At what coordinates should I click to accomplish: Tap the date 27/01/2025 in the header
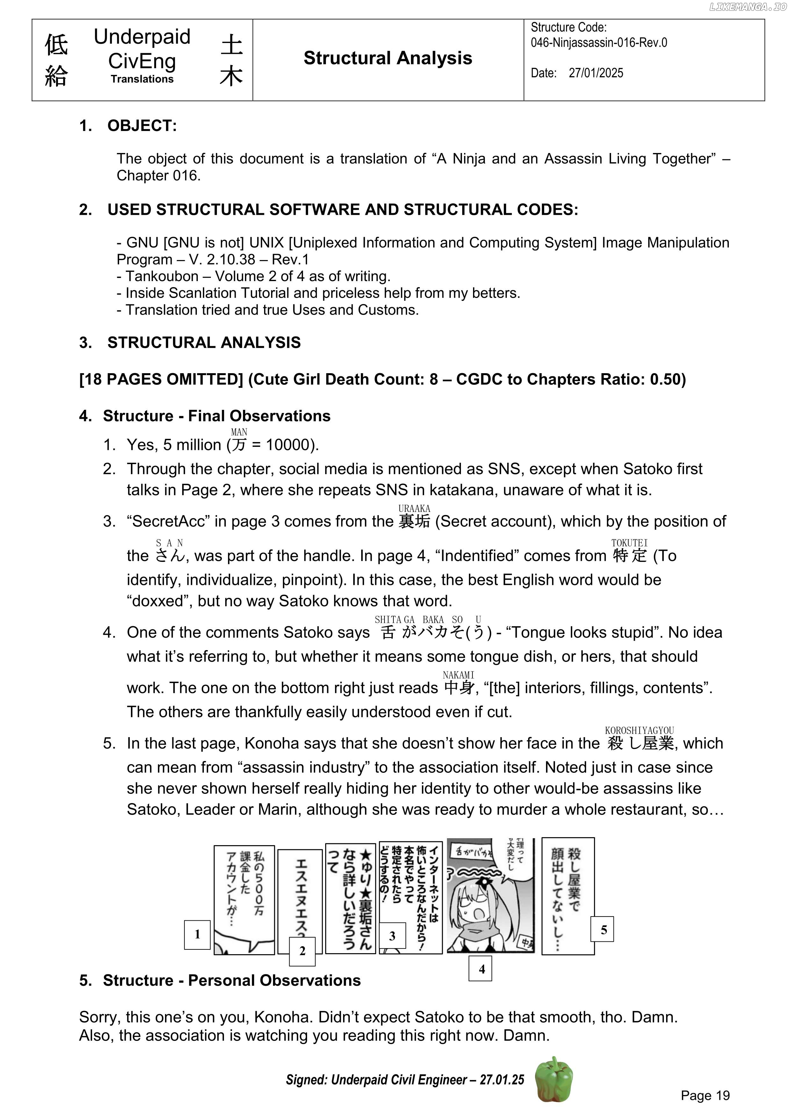pos(596,73)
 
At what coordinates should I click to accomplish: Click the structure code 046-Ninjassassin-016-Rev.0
pos(599,43)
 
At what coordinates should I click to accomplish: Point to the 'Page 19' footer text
pos(705,1095)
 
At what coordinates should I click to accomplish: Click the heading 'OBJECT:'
pos(142,126)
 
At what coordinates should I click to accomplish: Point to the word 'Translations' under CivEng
pos(142,79)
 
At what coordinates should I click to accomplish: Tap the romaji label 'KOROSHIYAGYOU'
pos(639,730)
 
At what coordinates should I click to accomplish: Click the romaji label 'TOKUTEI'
pos(629,542)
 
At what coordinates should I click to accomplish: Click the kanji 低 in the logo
pos(56,45)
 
